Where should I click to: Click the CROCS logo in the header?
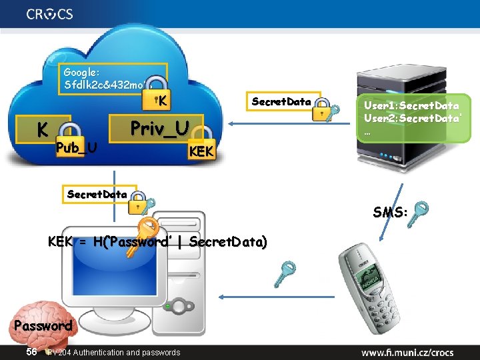(50, 14)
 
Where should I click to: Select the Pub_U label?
(76, 147)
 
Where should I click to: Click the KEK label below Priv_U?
(202, 152)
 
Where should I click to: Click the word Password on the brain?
(42, 326)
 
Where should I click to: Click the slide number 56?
(31, 351)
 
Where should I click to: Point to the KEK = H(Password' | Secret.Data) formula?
(157, 243)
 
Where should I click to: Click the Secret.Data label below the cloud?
(97, 194)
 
